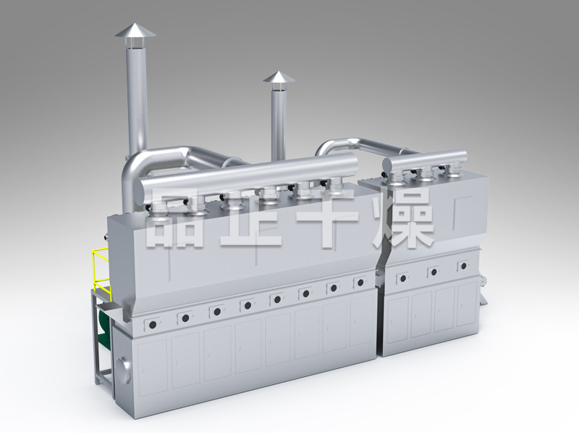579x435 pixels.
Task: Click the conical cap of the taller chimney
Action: tap(135, 30)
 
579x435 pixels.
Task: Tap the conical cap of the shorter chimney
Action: tap(279, 77)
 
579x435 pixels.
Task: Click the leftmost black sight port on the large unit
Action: tap(152, 325)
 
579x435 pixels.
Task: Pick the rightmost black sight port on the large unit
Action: tap(360, 283)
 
